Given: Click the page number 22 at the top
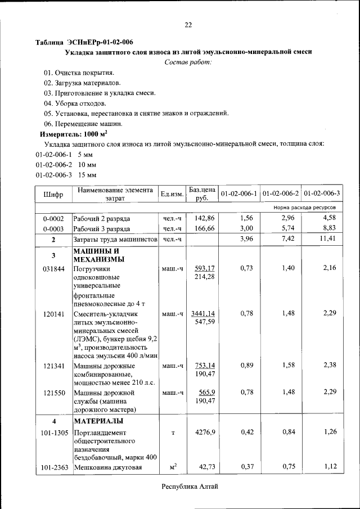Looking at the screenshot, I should point(188,24).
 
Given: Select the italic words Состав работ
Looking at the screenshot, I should point(188,61).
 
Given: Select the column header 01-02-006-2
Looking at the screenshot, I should point(281,194).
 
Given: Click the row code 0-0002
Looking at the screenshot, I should point(53,218).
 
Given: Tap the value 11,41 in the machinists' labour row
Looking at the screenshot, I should point(326,240).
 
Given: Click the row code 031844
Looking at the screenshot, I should point(53,268).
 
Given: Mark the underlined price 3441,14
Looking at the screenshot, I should point(203,313).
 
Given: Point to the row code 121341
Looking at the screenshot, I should point(53,366).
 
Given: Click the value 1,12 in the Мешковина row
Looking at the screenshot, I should point(329,467).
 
